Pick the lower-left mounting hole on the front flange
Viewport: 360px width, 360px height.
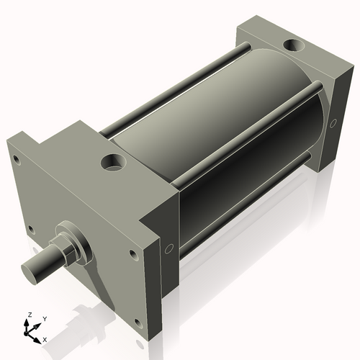[x=31, y=230]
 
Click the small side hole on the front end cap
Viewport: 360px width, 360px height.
[x=168, y=249]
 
